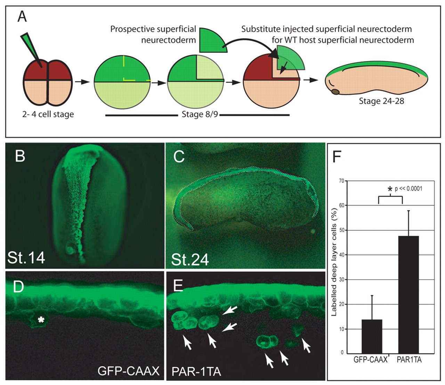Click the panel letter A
coord(22,16)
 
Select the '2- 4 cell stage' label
coord(48,114)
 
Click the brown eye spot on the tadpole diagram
coord(335,92)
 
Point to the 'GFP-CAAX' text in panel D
coord(128,371)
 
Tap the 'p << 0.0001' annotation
coord(408,189)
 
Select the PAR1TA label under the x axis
coord(409,360)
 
